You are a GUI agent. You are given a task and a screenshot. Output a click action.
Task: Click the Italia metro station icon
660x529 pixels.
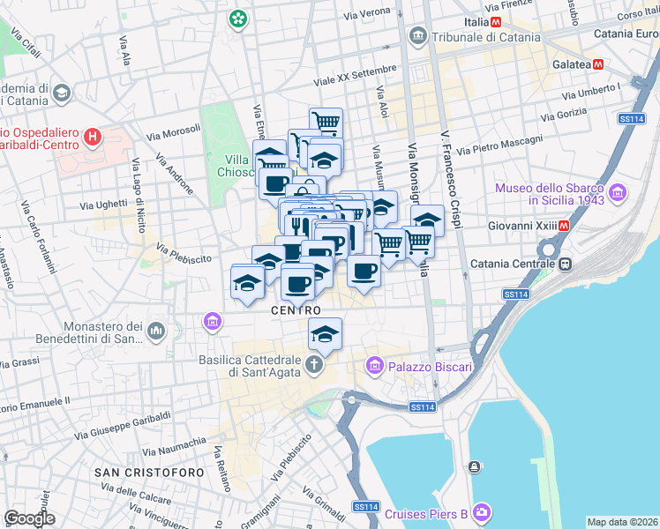[x=497, y=21]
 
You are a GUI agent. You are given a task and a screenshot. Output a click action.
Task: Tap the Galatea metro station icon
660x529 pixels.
[x=598, y=64]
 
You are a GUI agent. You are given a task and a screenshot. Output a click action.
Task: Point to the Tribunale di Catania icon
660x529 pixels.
[x=417, y=37]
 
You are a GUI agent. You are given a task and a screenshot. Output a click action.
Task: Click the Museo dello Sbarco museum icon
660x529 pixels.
[x=616, y=191]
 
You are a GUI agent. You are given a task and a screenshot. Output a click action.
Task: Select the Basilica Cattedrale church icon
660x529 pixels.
[x=314, y=364]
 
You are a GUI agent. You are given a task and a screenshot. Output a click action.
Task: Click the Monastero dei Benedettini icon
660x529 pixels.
[x=157, y=331]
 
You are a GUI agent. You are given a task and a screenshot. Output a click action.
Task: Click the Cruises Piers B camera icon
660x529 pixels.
[x=481, y=510]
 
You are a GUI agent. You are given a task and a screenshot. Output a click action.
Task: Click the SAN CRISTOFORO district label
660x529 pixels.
[x=149, y=472]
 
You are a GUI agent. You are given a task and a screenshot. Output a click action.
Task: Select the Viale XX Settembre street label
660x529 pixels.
[x=356, y=76]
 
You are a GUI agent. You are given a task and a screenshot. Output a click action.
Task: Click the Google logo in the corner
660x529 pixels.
[x=29, y=518]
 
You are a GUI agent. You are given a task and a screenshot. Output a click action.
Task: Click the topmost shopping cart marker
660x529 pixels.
[x=326, y=121]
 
